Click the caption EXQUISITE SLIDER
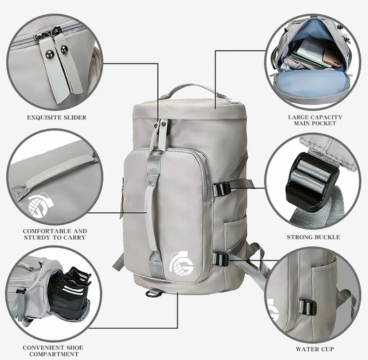point(57,117)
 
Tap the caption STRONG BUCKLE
point(313,237)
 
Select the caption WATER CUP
point(315,349)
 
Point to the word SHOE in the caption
point(71,348)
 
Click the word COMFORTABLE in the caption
point(45,231)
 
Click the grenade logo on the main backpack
point(182,263)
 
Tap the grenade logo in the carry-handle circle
point(40,205)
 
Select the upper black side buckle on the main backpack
point(222,189)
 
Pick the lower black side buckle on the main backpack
point(221,259)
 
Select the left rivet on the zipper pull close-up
point(49,54)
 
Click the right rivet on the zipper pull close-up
point(64,48)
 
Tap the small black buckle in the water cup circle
point(308,307)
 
